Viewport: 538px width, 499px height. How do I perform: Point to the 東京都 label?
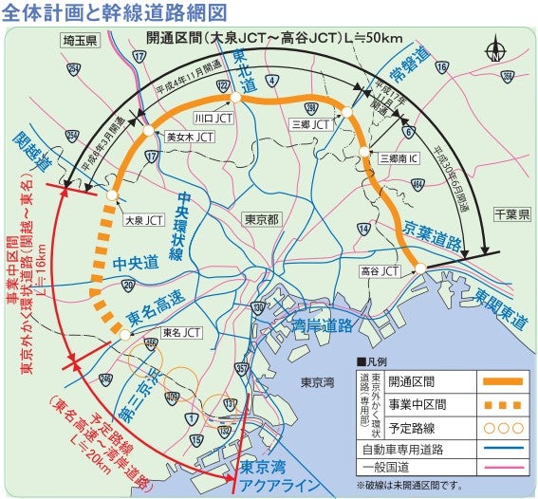coord(261,218)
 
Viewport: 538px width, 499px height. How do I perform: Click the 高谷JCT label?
coord(380,271)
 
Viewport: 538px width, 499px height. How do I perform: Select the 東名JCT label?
coord(181,332)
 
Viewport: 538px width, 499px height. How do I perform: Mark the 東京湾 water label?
coord(318,383)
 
